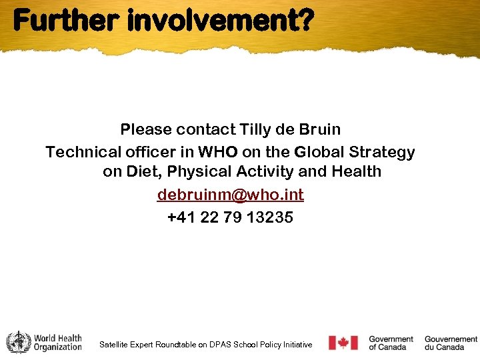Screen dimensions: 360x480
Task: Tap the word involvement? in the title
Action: coord(219,21)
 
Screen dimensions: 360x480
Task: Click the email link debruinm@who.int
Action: coord(230,195)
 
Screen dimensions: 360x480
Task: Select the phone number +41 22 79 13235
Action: coord(230,217)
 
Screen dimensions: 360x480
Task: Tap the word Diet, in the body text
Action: coord(145,172)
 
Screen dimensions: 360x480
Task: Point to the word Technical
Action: coord(81,152)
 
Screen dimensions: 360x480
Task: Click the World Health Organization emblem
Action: coord(18,343)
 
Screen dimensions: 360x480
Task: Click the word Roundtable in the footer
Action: coord(176,345)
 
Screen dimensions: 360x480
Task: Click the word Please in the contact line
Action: coord(145,129)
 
